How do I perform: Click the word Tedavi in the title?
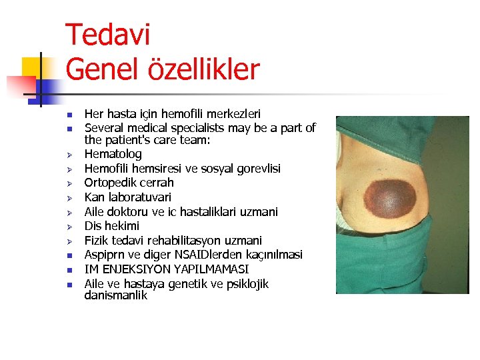[108, 35]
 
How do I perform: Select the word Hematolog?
[113, 154]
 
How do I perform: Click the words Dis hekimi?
[111, 226]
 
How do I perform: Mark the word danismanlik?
[115, 295]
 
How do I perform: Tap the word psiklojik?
[243, 284]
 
